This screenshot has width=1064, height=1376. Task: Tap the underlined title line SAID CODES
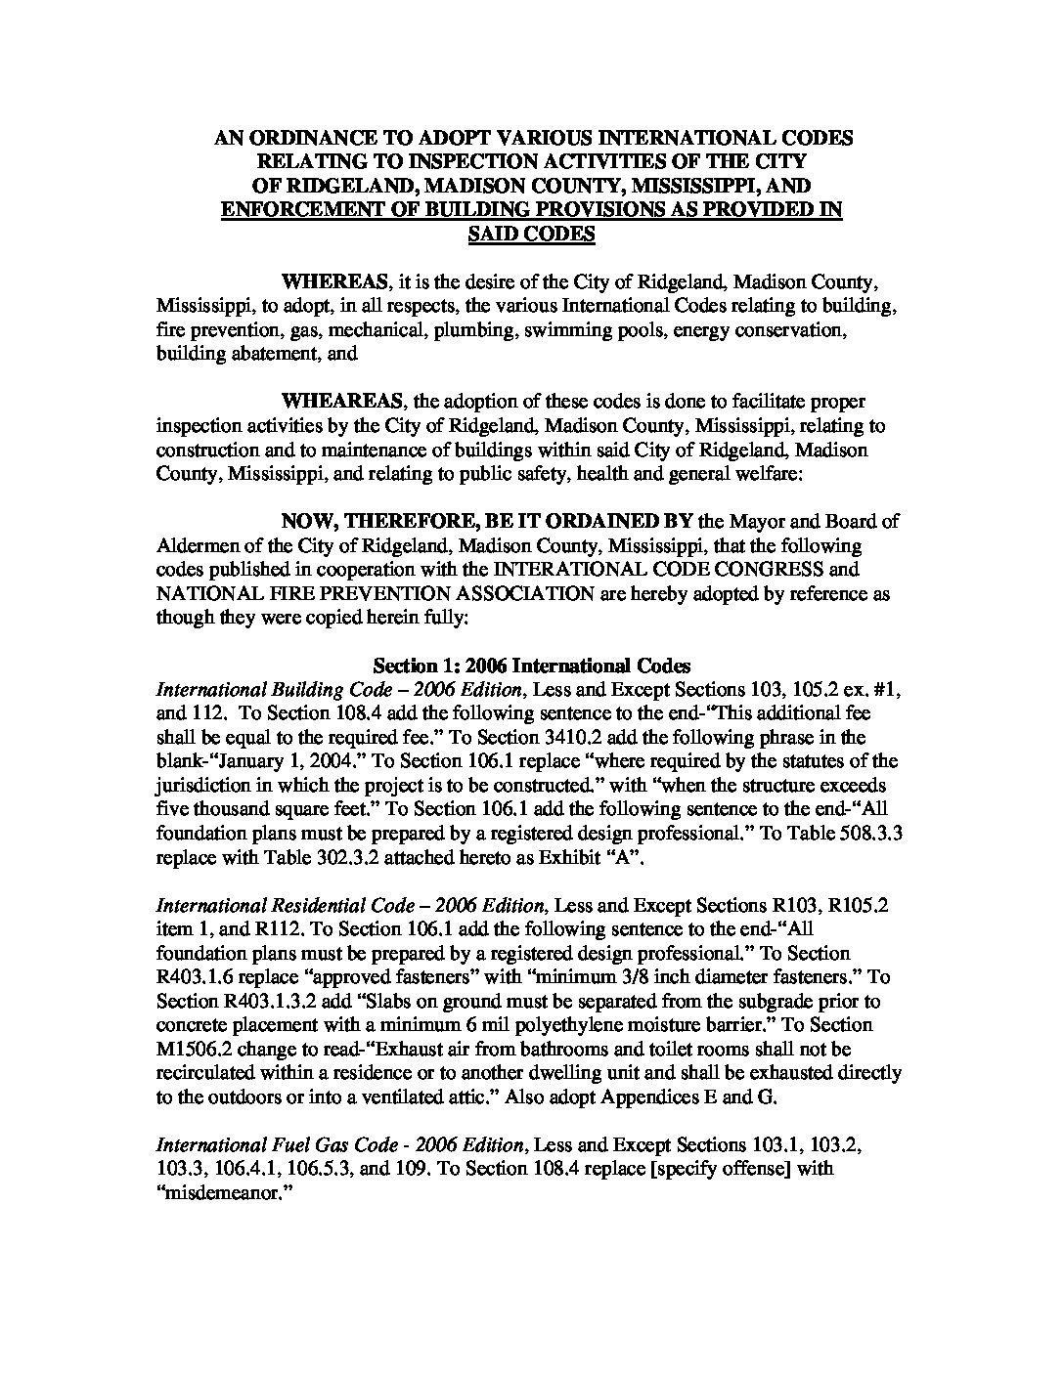click(533, 235)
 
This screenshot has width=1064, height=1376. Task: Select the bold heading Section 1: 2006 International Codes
click(533, 666)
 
